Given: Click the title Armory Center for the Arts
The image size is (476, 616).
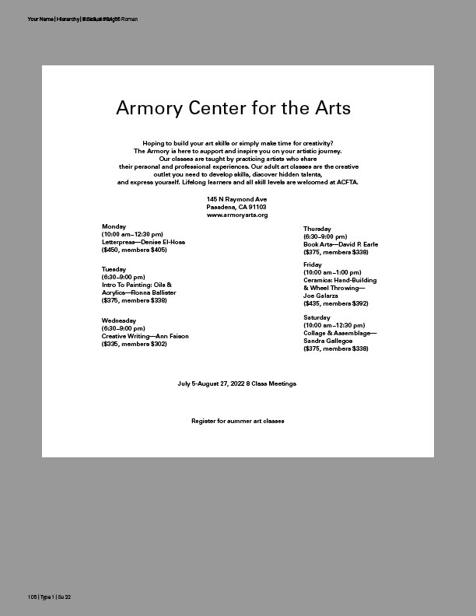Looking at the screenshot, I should pyautogui.click(x=233, y=107).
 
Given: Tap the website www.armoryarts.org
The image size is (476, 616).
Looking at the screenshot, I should pyautogui.click(x=237, y=215).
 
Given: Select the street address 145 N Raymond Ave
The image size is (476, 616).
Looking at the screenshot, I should pyautogui.click(x=237, y=200).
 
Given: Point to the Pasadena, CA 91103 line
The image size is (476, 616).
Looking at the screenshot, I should pyautogui.click(x=237, y=208).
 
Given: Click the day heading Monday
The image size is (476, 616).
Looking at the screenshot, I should pyautogui.click(x=114, y=226).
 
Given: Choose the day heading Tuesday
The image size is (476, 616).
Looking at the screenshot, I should pyautogui.click(x=114, y=269).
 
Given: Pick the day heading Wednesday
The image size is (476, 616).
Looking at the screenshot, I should pyautogui.click(x=119, y=320).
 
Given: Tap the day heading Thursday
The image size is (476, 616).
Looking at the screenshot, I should pyautogui.click(x=317, y=229).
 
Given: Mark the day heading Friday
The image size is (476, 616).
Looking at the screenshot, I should pyautogui.click(x=313, y=264).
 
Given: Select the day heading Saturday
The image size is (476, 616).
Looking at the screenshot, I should pyautogui.click(x=317, y=317).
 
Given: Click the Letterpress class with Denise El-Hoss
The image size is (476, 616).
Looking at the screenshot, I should pyautogui.click(x=144, y=242).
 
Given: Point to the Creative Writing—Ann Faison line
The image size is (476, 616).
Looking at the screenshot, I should pyautogui.click(x=145, y=336).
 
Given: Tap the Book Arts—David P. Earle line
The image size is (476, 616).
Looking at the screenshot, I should pyautogui.click(x=341, y=244).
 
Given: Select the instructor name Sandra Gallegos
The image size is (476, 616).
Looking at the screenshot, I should pyautogui.click(x=328, y=341).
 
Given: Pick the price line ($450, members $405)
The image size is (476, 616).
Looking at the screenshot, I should pyautogui.click(x=135, y=250).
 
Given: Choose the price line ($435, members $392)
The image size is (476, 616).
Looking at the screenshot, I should pyautogui.click(x=336, y=303).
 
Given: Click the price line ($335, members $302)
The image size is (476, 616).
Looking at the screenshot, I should pyautogui.click(x=135, y=344).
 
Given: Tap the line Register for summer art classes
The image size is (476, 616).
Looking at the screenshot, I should pyautogui.click(x=238, y=421).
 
